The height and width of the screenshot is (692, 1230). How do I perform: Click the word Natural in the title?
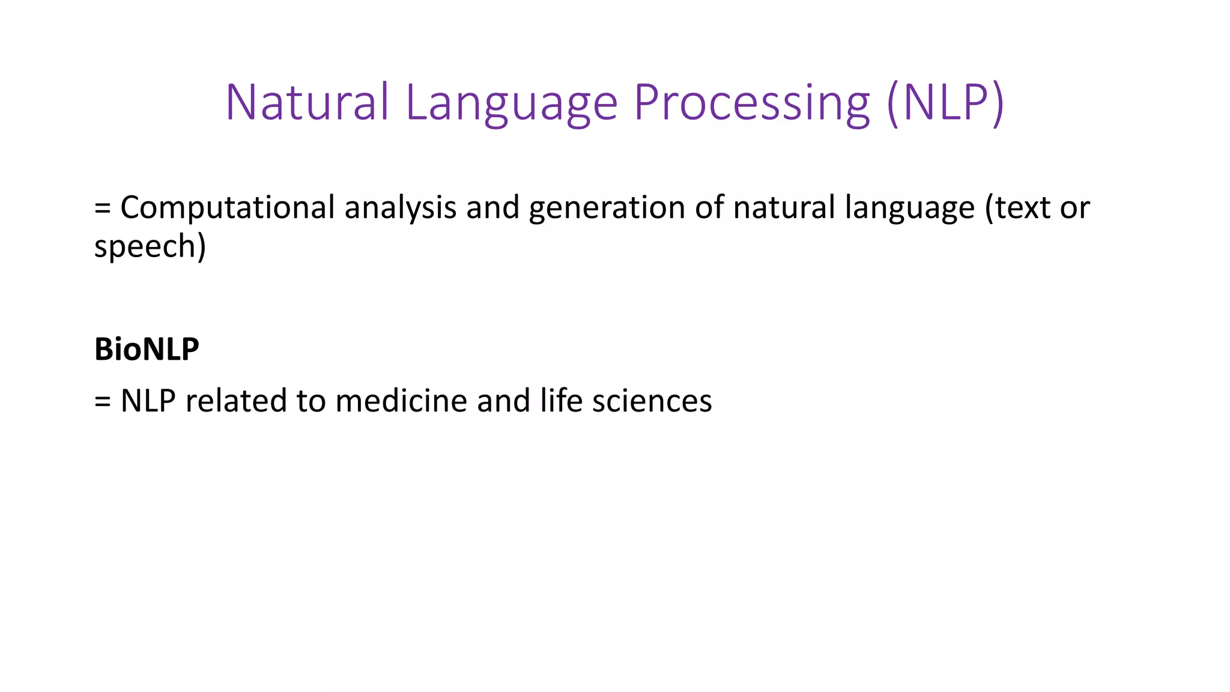pyautogui.click(x=307, y=102)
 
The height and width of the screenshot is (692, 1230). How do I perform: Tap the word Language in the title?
pyautogui.click(x=511, y=103)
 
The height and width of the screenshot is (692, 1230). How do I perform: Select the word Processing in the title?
pyautogui.click(x=751, y=103)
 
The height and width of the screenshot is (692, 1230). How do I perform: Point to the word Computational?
pyautogui.click(x=227, y=208)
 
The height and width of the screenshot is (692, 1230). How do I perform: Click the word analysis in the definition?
pyautogui.click(x=400, y=208)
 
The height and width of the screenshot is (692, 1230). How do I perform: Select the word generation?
pyautogui.click(x=607, y=208)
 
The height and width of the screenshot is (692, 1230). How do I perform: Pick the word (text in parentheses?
pyautogui.click(x=1017, y=208)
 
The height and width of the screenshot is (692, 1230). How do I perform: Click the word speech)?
pyautogui.click(x=150, y=247)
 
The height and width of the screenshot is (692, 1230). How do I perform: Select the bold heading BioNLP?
pyautogui.click(x=147, y=349)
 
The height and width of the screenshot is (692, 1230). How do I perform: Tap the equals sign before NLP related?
pyautogui.click(x=103, y=402)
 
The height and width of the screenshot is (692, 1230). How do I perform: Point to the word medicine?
pyautogui.click(x=401, y=401)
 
